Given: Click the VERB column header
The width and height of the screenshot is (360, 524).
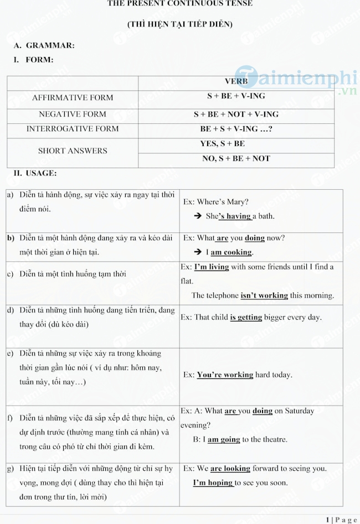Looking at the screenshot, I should click(236, 81).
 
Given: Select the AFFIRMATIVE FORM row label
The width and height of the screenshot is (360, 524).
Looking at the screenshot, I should click(73, 98).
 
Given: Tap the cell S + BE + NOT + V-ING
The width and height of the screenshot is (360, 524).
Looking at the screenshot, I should click(236, 115).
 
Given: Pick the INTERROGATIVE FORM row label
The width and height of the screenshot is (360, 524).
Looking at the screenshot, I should click(73, 129).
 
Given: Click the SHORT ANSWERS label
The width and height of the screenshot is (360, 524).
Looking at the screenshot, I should click(73, 151).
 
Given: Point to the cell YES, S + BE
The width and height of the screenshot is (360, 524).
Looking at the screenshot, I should click(223, 144).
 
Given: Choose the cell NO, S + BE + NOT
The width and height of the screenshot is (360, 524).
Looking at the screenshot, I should click(236, 158).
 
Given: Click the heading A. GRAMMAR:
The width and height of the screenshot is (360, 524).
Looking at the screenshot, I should click(44, 45).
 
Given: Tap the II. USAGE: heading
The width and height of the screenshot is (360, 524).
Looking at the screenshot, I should click(35, 173).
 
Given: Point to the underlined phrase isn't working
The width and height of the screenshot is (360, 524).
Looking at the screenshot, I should click(264, 295).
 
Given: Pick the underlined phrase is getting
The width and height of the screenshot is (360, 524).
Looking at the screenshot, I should click(246, 318).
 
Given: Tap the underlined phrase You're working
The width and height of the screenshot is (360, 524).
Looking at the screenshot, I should click(225, 375).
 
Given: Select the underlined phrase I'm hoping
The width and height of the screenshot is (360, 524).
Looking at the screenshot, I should click(213, 483).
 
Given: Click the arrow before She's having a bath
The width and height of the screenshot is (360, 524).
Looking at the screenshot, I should click(197, 216).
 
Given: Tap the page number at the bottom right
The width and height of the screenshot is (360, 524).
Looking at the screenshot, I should click(342, 520).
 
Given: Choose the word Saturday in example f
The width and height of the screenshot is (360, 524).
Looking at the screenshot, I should click(294, 411).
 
